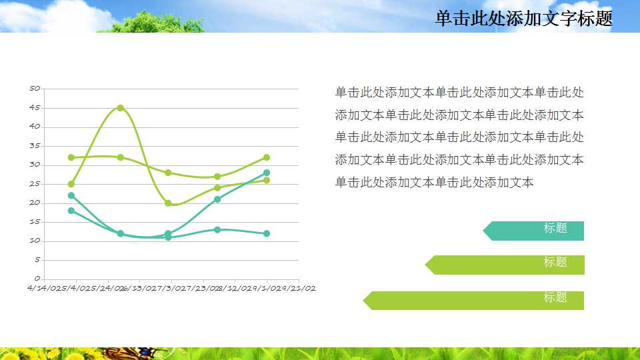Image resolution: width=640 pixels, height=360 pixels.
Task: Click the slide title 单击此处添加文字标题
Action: coord(523,19)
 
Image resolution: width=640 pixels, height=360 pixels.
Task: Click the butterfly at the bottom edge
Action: coord(133,353)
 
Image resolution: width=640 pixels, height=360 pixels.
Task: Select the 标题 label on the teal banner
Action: coord(555,228)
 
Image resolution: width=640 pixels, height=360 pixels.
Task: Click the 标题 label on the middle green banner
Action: coord(555,262)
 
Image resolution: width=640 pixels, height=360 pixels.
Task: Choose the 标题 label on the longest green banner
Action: coord(555,297)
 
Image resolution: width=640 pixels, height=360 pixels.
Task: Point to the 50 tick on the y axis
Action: coord(35,88)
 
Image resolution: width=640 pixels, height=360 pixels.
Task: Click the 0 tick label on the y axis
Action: coord(37,279)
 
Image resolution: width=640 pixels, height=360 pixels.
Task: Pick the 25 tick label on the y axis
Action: coord(35,183)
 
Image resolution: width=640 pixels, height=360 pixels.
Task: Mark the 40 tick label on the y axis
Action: coord(35,126)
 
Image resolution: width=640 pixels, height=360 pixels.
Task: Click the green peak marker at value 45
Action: coord(121,107)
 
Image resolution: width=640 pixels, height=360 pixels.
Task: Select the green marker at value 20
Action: coord(168,203)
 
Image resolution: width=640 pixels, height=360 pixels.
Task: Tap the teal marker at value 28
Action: coord(266,173)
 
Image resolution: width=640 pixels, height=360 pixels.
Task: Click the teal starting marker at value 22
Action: coord(71,195)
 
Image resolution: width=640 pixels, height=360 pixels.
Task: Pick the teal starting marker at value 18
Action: coord(71,211)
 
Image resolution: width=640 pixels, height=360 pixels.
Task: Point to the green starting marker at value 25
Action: coord(71,184)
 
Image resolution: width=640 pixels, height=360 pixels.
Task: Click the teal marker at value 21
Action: coord(217,199)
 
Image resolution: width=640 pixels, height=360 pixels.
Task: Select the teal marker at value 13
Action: coord(217,229)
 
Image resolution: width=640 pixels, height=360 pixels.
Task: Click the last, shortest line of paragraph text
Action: coord(434,183)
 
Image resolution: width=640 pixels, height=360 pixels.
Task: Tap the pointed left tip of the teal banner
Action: coord(485,231)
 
